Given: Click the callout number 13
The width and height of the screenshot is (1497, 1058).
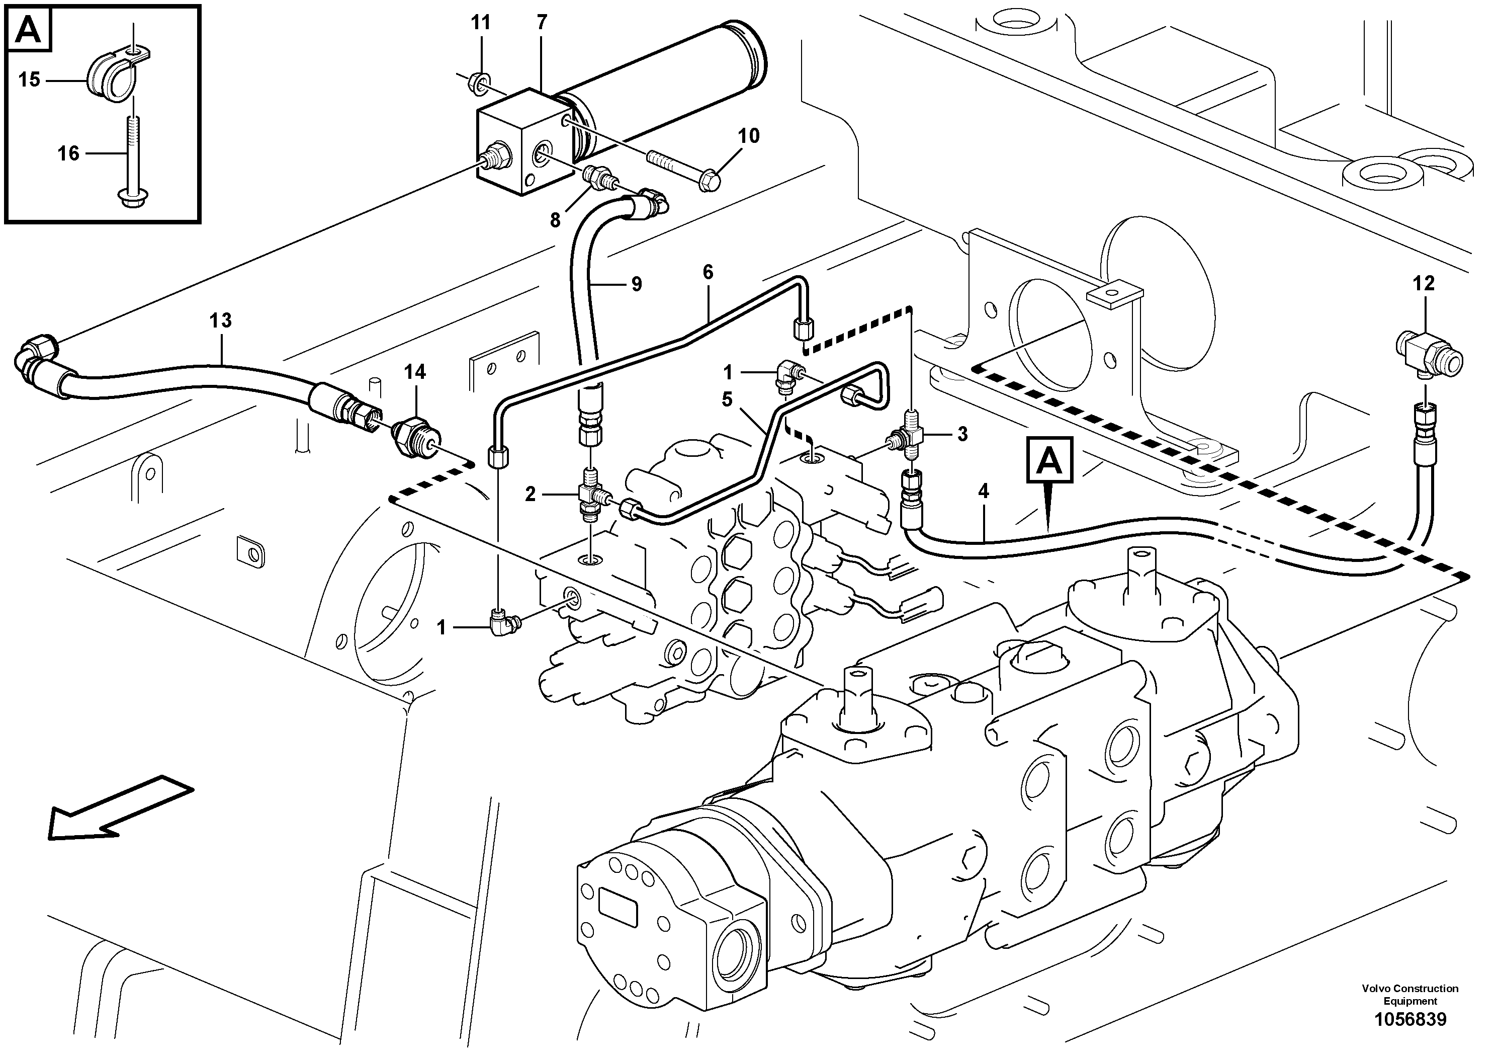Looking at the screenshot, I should [x=220, y=320].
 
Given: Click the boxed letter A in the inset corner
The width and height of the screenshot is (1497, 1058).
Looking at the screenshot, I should [x=29, y=29].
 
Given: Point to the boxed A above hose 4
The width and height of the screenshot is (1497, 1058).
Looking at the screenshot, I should [x=1049, y=460].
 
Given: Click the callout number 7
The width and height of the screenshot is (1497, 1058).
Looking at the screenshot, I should [x=542, y=23].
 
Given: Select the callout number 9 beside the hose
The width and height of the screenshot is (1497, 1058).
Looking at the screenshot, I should [x=636, y=284].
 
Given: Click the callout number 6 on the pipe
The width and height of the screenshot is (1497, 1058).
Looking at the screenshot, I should [x=708, y=272].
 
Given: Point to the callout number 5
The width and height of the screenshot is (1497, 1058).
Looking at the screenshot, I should [x=728, y=398].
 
